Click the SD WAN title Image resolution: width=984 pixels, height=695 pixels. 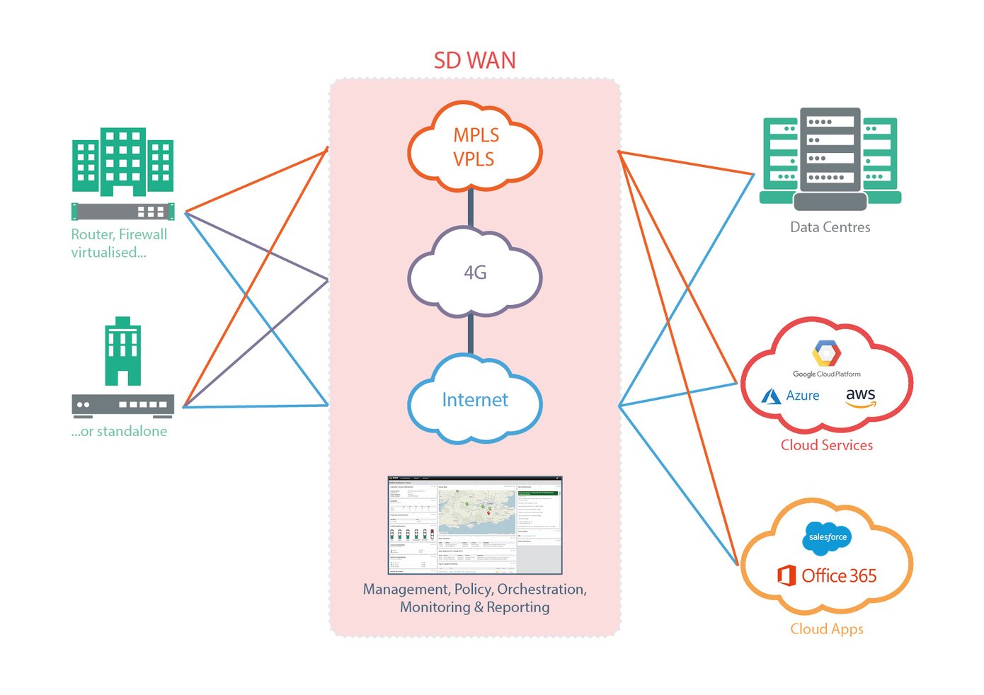(x=474, y=61)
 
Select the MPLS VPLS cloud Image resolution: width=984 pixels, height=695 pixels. (x=475, y=147)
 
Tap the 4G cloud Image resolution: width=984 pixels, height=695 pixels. (x=475, y=273)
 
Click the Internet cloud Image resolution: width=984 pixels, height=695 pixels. (x=475, y=400)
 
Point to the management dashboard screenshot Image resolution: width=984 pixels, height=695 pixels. (x=474, y=525)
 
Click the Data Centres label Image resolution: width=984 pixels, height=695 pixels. (x=830, y=227)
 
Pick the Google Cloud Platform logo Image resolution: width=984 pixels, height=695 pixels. (x=826, y=358)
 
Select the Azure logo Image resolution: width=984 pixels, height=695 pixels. (x=791, y=396)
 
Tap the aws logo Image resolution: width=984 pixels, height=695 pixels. (x=861, y=397)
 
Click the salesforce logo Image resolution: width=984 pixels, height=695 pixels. (x=828, y=537)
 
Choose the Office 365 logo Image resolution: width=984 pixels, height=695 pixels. (x=827, y=575)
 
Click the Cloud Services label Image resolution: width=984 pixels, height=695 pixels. (x=826, y=445)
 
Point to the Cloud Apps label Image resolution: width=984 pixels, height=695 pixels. (x=826, y=629)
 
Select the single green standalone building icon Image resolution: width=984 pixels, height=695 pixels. (x=122, y=351)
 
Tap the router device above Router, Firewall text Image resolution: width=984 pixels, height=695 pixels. (x=122, y=211)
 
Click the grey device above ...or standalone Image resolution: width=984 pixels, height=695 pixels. (x=122, y=405)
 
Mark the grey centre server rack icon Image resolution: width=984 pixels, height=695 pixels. (x=830, y=158)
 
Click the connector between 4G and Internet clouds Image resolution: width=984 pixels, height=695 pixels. (x=471, y=335)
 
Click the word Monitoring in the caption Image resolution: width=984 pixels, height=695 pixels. (x=435, y=607)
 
